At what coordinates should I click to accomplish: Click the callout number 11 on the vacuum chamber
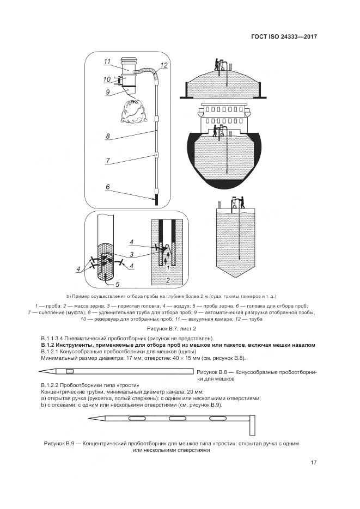coord(107,61)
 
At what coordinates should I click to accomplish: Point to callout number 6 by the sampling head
coord(108,187)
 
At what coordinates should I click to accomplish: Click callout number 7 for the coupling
coord(108,161)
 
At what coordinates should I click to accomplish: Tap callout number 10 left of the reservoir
coord(107,79)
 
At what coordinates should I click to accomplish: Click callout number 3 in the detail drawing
coord(131,255)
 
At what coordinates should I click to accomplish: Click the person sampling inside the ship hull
coord(216,131)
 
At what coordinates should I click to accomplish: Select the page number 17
coord(314,463)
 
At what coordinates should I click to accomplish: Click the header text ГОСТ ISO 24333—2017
coord(284,38)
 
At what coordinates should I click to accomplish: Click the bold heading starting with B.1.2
coord(179,345)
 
